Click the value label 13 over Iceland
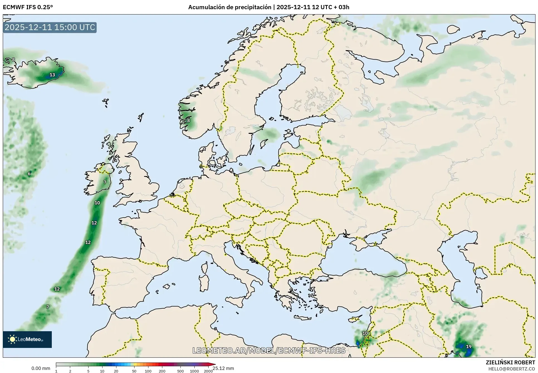click(52, 75)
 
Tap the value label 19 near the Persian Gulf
click(469, 347)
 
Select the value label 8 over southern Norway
click(189, 121)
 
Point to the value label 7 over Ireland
click(105, 182)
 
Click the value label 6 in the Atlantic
click(29, 174)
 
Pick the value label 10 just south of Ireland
click(97, 203)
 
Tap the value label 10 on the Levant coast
click(365, 333)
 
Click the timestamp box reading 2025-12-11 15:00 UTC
click(50, 27)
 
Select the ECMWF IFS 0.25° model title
click(28, 7)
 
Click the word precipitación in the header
click(253, 7)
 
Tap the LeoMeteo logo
click(27, 339)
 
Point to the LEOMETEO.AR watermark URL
click(269, 350)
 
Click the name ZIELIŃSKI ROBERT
click(510, 362)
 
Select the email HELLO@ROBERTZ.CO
click(511, 369)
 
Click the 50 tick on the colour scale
click(134, 371)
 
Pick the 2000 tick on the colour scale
click(208, 371)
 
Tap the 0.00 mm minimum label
click(41, 368)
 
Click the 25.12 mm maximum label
click(223, 368)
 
